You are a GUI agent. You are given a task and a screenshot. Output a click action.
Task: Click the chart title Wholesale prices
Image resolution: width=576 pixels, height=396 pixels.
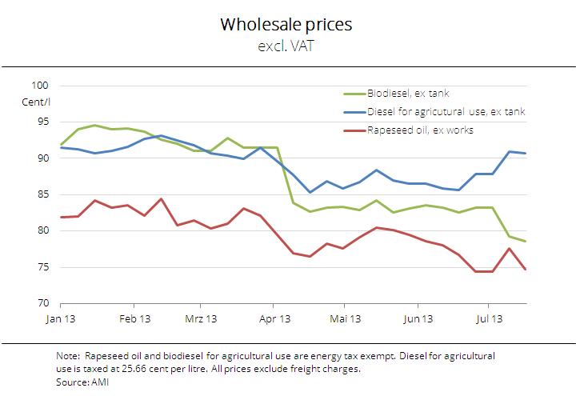pyautogui.click(x=286, y=25)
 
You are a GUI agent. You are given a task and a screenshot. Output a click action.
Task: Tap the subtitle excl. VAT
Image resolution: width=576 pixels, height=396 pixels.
pyautogui.click(x=286, y=46)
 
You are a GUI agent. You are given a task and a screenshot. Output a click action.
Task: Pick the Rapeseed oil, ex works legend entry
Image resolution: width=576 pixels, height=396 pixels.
pyautogui.click(x=421, y=130)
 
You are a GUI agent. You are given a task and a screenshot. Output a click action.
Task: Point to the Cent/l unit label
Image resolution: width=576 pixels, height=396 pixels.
pyautogui.click(x=37, y=101)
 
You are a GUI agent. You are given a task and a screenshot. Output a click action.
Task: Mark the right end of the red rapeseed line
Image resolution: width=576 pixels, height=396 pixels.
pyautogui.click(x=525, y=270)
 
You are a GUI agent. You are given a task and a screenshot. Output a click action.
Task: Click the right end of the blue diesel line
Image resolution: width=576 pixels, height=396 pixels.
pyautogui.click(x=525, y=153)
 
